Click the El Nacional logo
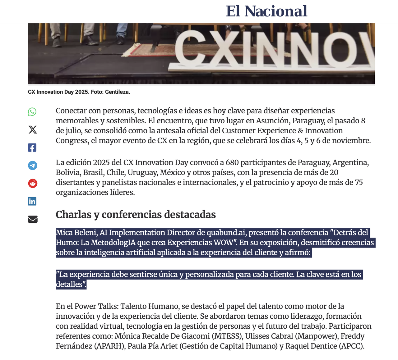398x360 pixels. pyautogui.click(x=266, y=11)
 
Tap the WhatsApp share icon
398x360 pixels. pyautogui.click(x=32, y=112)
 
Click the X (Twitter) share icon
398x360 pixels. pyautogui.click(x=33, y=130)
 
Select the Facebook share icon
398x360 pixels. pyautogui.click(x=32, y=148)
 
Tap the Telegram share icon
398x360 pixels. pyautogui.click(x=33, y=165)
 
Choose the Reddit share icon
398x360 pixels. pyautogui.click(x=33, y=183)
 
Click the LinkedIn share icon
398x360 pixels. pyautogui.click(x=32, y=201)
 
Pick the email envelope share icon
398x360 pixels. pyautogui.click(x=33, y=219)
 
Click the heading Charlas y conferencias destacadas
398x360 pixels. pyautogui.click(x=136, y=215)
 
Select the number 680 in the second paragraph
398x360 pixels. pyautogui.click(x=232, y=163)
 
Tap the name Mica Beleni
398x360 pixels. pyautogui.click(x=76, y=233)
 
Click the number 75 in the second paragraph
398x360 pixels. pyautogui.click(x=359, y=182)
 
